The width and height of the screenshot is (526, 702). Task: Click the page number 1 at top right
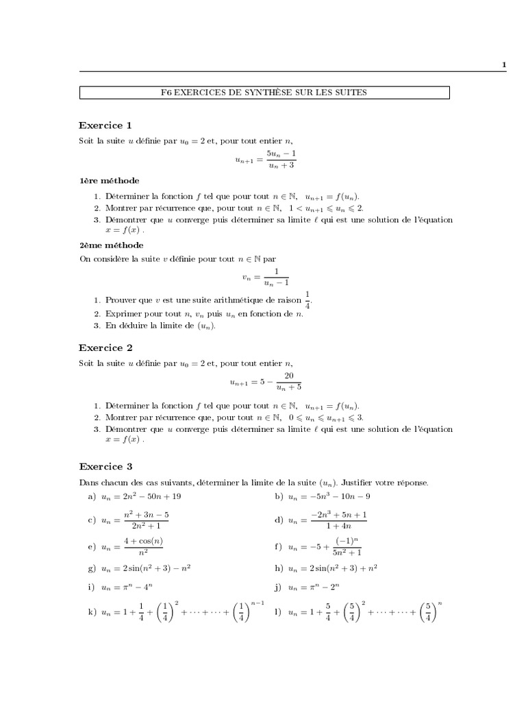(504, 65)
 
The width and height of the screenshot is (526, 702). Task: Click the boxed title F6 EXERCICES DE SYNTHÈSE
(264, 92)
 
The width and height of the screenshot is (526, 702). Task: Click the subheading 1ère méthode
(109, 181)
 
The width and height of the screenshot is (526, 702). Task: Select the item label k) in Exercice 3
(92, 612)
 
